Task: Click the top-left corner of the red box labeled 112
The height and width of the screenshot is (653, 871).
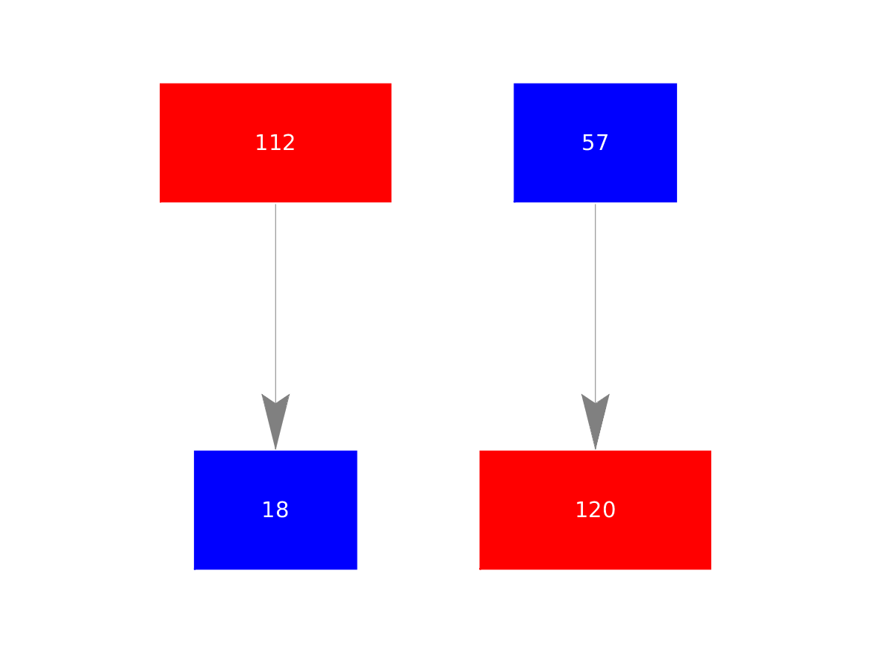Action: point(160,84)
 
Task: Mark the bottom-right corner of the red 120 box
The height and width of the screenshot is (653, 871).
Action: point(711,569)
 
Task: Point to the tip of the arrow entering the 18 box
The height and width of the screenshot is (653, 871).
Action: point(275,450)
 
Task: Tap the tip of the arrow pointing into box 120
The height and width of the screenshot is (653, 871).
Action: point(596,450)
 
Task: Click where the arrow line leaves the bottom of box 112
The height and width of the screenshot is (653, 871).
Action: point(275,204)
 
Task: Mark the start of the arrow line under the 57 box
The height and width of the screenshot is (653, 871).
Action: point(596,204)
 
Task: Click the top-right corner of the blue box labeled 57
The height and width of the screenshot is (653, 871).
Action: point(677,84)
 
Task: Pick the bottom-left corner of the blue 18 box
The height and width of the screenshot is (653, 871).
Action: point(194,569)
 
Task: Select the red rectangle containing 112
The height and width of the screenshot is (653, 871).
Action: point(275,143)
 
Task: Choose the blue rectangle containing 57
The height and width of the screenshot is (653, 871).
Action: point(596,143)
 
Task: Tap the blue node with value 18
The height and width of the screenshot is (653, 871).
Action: point(275,510)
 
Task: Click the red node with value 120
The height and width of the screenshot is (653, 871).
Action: point(596,510)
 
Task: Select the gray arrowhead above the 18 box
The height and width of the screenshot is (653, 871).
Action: point(275,422)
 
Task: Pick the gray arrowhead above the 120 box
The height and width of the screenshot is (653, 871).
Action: point(596,422)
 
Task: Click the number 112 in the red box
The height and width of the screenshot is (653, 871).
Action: point(275,143)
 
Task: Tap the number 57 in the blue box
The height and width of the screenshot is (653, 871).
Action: point(596,143)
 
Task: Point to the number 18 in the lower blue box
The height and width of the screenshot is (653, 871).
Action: point(275,510)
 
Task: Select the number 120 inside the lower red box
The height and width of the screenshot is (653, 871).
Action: point(596,510)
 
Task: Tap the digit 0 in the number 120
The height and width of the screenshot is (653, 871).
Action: point(609,510)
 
